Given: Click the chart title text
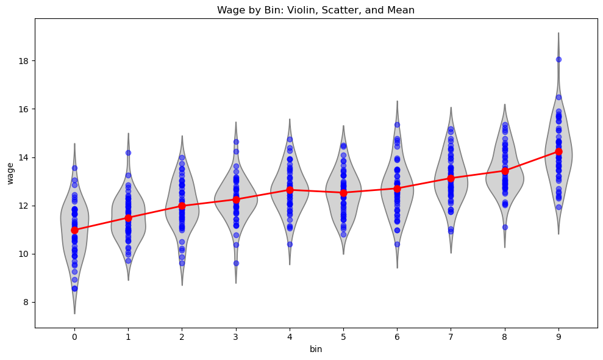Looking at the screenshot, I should (x=316, y=10).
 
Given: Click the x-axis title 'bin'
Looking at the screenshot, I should (x=316, y=349).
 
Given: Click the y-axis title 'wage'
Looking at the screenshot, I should (x=10, y=173).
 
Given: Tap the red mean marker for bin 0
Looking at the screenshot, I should (x=74, y=230).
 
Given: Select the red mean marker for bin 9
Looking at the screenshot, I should (x=558, y=151).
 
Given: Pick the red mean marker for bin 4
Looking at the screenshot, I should (x=290, y=190).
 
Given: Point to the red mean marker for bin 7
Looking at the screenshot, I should (x=451, y=178).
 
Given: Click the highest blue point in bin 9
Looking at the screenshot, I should (x=558, y=59).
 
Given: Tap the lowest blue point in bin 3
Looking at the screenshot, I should (x=236, y=263).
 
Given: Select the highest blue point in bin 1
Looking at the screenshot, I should (x=128, y=153).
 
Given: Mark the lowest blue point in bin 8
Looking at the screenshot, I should (x=505, y=227).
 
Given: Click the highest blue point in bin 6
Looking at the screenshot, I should (x=397, y=124).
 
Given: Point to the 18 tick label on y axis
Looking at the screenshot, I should (x=25, y=61).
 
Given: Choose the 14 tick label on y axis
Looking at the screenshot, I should (x=25, y=157).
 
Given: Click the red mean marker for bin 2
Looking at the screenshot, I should (x=182, y=206).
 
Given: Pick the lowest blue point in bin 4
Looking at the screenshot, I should (x=290, y=244).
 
